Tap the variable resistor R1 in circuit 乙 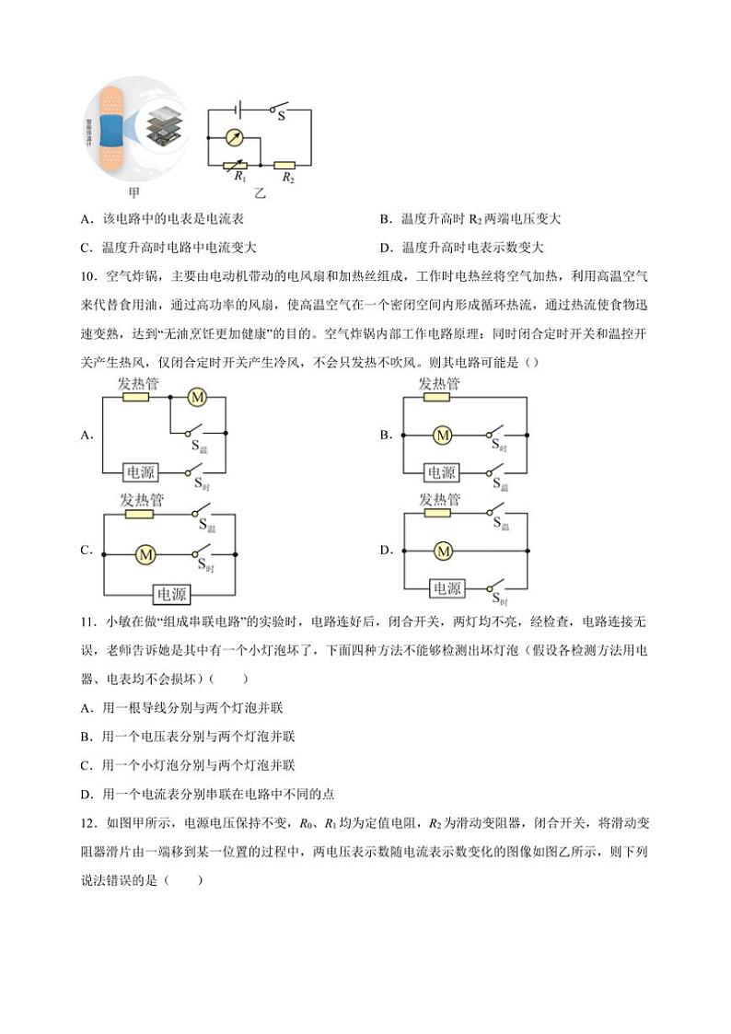click(236, 166)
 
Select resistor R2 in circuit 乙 click(287, 166)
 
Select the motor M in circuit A click(196, 397)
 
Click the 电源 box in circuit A click(140, 471)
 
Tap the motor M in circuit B click(443, 434)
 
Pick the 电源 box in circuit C click(171, 594)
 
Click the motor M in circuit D click(443, 551)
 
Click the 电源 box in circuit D click(447, 588)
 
